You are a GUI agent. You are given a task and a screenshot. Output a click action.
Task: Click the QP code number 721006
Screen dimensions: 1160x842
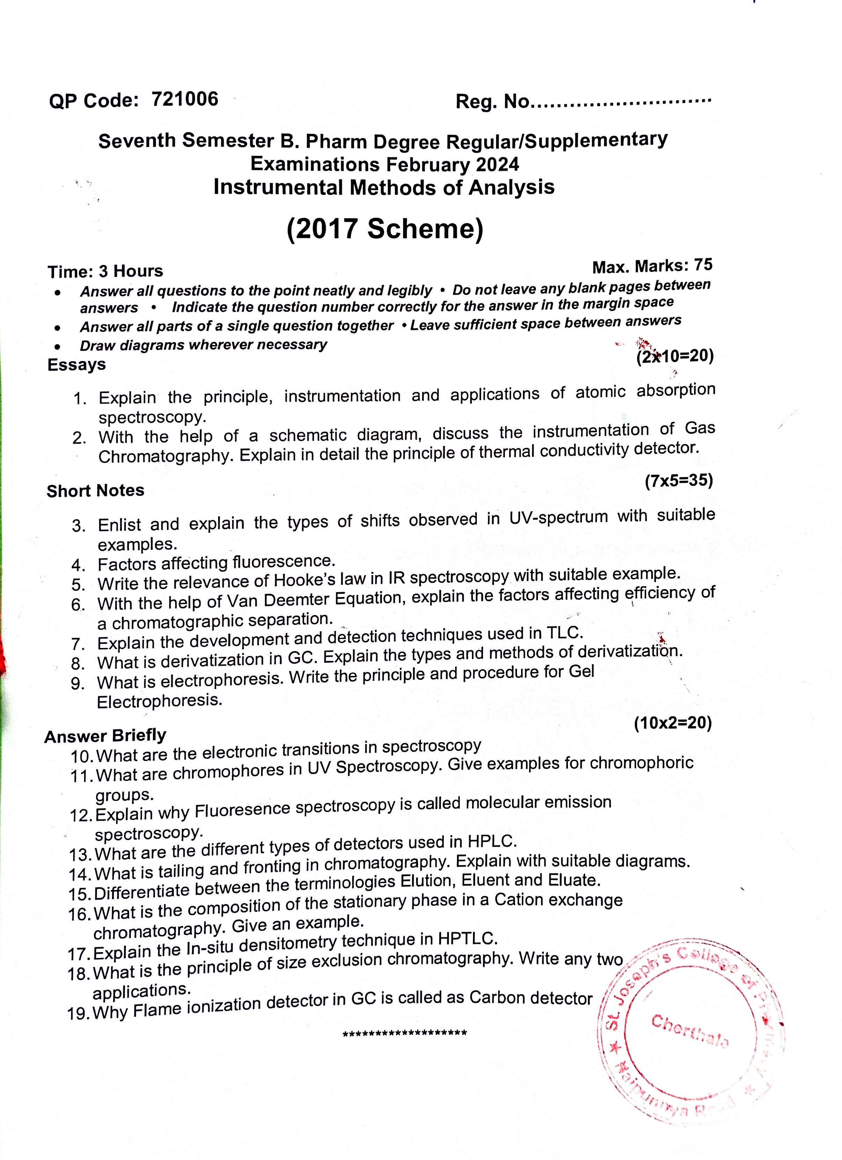click(x=185, y=99)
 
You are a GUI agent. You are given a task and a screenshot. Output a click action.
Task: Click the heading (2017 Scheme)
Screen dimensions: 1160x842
click(x=385, y=229)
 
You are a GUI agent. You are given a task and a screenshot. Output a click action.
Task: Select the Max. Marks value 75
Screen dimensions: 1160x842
click(x=703, y=265)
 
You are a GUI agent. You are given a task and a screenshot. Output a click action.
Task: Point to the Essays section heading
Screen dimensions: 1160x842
click(x=77, y=365)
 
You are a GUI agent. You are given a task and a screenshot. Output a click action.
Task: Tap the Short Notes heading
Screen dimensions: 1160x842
click(x=96, y=491)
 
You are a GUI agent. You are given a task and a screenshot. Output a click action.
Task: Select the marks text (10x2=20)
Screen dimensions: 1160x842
click(x=673, y=723)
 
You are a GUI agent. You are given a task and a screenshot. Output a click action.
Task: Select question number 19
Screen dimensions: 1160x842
click(x=79, y=1013)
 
